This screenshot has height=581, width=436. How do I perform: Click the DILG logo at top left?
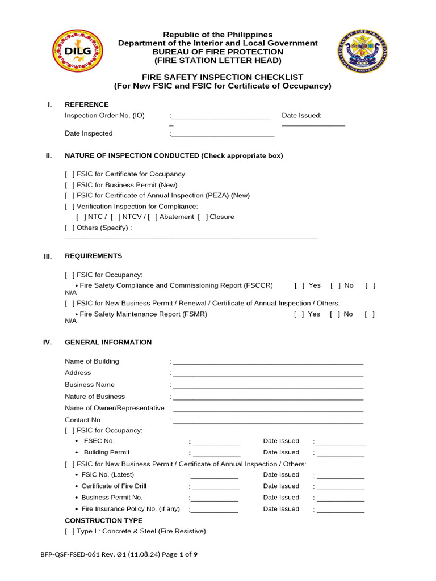[x=79, y=51]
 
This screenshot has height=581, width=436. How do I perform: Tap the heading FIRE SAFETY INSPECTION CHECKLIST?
[x=223, y=77]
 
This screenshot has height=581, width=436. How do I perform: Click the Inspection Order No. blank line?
[x=220, y=117]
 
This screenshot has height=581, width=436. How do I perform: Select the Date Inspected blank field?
[x=223, y=135]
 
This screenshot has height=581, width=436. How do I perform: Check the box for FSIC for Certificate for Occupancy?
[x=69, y=174]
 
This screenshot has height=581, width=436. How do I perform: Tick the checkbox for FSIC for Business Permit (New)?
[x=69, y=185]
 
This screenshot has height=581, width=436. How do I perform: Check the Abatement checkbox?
[x=152, y=217]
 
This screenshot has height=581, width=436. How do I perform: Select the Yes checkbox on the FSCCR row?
[x=299, y=285]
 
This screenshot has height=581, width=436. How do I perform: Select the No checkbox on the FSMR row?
[x=335, y=314]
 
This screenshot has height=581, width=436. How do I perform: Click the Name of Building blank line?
[x=268, y=363]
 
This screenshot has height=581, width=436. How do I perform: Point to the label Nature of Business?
[x=95, y=397]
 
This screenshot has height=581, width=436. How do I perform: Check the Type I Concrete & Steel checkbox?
[x=69, y=532]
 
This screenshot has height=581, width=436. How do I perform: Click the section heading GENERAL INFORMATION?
[x=108, y=343]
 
